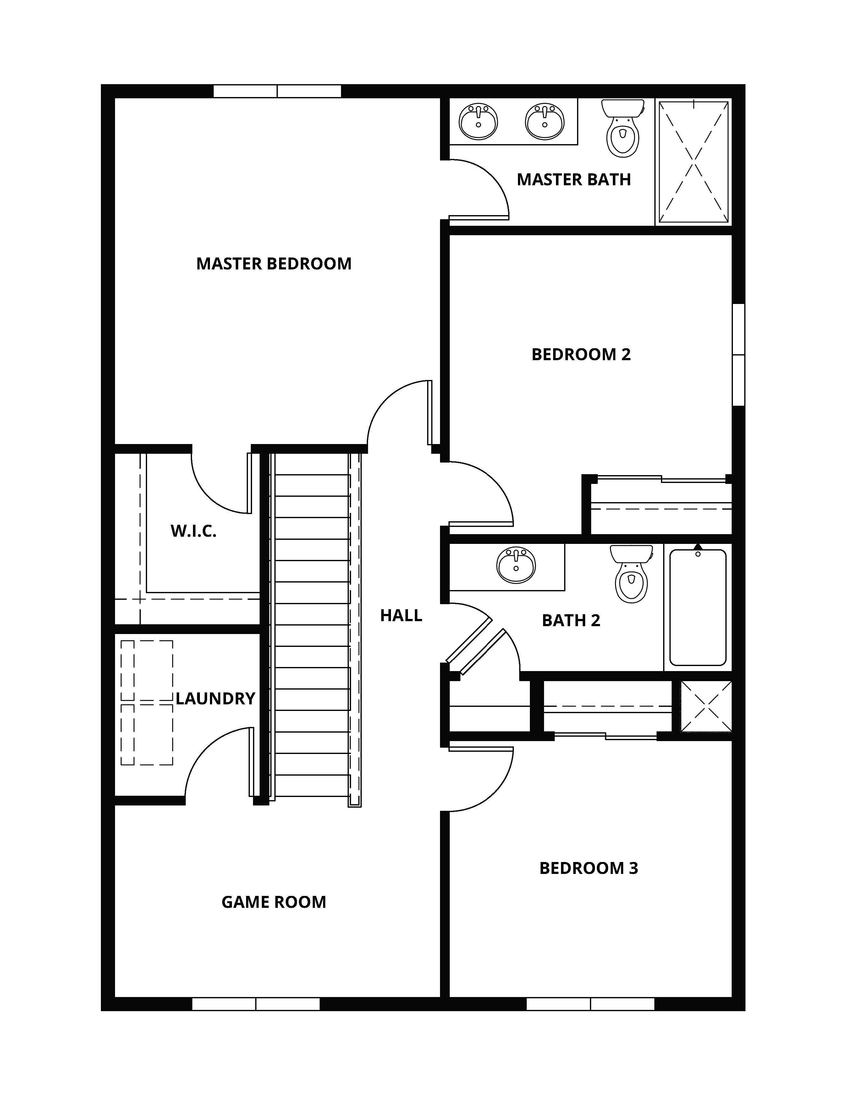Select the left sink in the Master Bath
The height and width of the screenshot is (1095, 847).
(478, 121)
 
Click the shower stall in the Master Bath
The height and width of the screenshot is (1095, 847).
(693, 161)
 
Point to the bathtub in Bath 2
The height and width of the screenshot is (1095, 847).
(697, 607)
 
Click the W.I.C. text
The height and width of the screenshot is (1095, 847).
(193, 531)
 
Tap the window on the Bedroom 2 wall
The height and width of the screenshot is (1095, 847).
(738, 355)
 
